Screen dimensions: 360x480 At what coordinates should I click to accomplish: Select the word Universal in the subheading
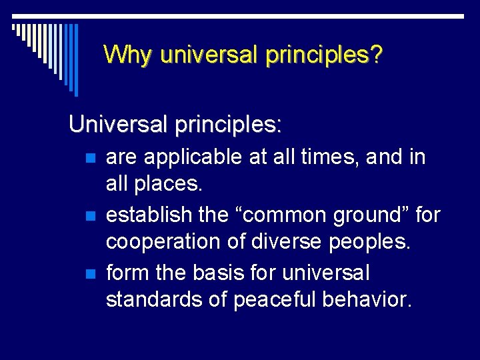pyautogui.click(x=113, y=125)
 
